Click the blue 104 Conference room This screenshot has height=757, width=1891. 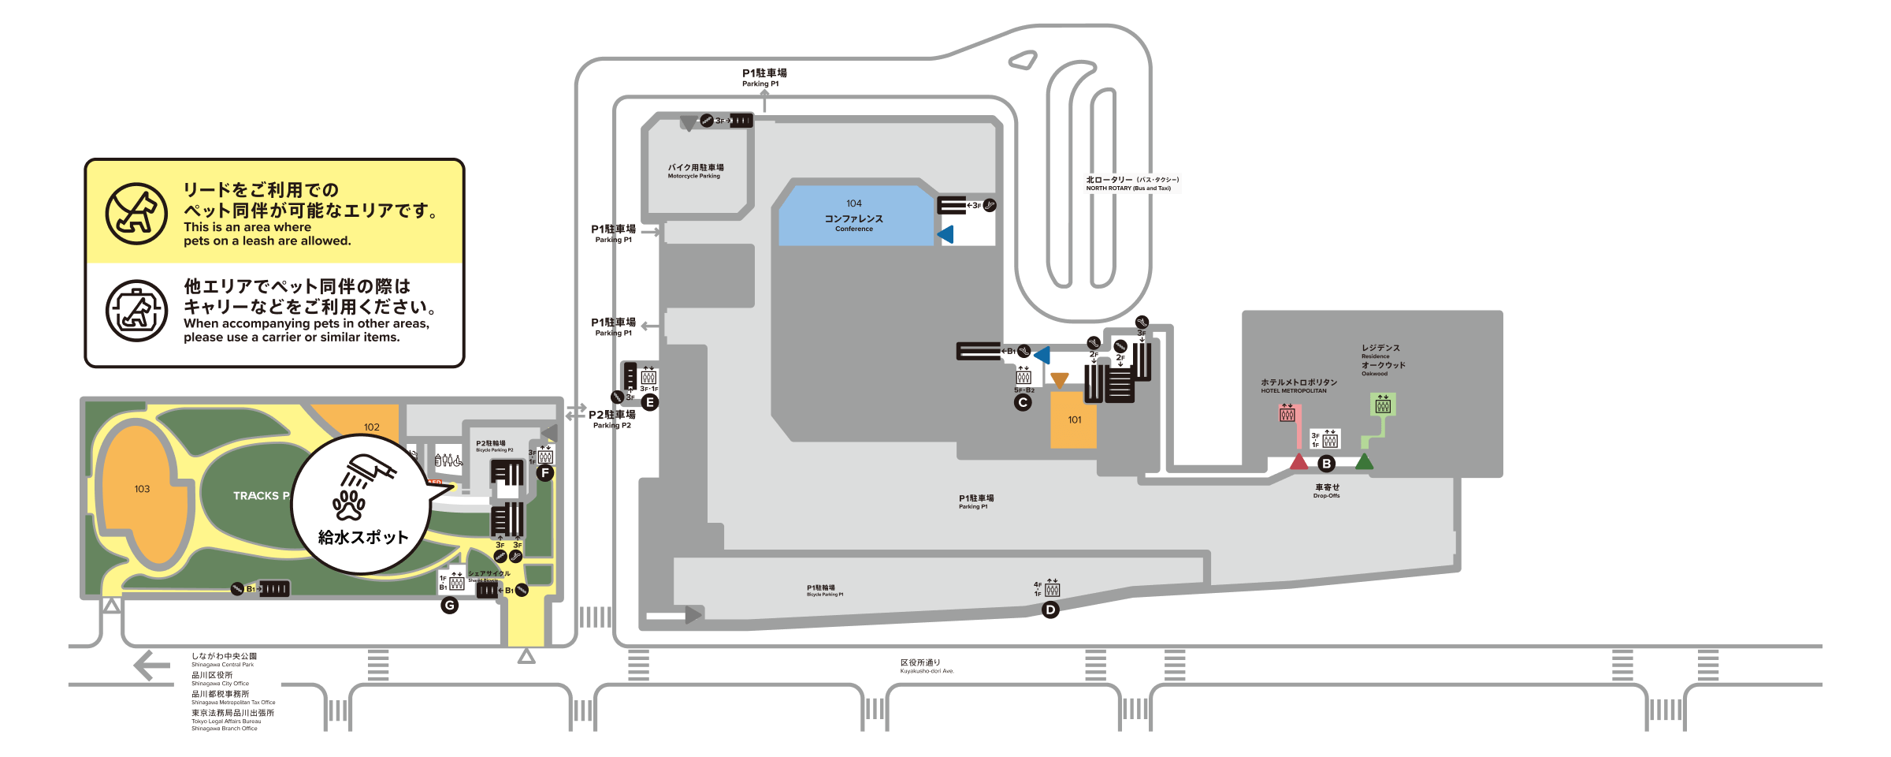(855, 215)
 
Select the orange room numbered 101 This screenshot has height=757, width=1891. (1074, 420)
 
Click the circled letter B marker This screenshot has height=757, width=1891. (1327, 464)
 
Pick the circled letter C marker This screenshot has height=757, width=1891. (1023, 403)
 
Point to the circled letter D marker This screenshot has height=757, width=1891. (1050, 610)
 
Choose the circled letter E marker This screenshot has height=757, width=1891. (650, 403)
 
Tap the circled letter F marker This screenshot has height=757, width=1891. (545, 473)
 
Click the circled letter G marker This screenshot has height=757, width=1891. (450, 606)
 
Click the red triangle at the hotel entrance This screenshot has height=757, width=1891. (1299, 462)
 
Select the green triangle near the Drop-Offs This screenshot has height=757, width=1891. (1364, 462)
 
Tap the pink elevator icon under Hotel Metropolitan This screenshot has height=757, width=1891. (1287, 413)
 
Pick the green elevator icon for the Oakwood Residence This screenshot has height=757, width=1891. (1383, 405)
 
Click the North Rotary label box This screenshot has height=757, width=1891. (1132, 184)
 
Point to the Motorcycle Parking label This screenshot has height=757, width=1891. (695, 171)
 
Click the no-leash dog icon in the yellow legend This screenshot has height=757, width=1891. (136, 213)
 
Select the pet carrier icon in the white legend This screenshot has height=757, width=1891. (136, 311)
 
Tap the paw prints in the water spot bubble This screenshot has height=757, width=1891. (349, 505)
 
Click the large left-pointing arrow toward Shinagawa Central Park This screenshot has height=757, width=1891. (151, 666)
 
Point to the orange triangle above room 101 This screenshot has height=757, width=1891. (1060, 381)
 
